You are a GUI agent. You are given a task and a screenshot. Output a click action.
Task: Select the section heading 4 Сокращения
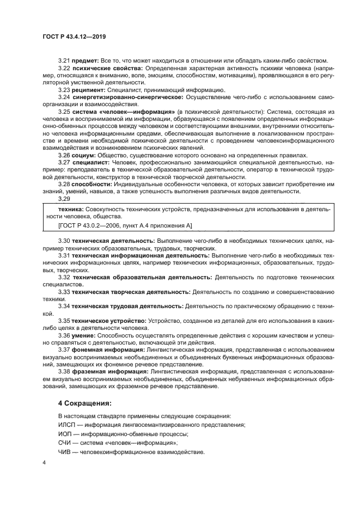pos(84,403)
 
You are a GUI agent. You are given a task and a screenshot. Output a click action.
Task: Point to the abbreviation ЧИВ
pos(65,452)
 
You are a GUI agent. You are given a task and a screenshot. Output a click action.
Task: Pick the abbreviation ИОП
pos(65,434)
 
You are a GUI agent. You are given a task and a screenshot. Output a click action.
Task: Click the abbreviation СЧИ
pos(65,443)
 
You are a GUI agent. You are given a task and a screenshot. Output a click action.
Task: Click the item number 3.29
pos(64,199)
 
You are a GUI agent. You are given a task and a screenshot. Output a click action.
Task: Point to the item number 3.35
pos(64,322)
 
